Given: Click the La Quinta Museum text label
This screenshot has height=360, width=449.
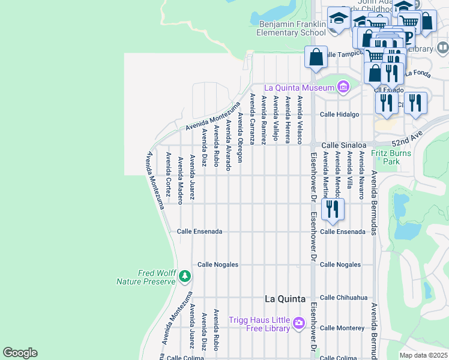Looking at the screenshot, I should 298,88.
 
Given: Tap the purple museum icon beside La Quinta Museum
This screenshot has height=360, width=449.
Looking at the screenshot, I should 343,88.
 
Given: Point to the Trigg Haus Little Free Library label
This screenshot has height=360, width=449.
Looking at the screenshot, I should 259,324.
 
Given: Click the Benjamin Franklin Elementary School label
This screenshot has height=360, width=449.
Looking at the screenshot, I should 292,28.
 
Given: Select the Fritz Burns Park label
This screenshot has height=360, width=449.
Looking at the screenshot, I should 385,157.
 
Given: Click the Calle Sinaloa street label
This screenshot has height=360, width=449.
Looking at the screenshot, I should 343,145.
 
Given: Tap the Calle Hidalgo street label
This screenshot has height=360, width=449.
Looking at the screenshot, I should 339,114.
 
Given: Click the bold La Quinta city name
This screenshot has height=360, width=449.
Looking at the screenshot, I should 285,299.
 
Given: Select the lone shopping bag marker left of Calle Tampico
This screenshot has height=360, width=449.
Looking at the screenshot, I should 316,58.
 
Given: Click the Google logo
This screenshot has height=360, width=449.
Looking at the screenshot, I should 20,353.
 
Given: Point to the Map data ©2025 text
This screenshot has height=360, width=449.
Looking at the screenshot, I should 423,355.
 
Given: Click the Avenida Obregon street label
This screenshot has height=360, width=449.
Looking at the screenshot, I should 240,138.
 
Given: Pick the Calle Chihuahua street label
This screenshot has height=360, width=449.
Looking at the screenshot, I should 343,297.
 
